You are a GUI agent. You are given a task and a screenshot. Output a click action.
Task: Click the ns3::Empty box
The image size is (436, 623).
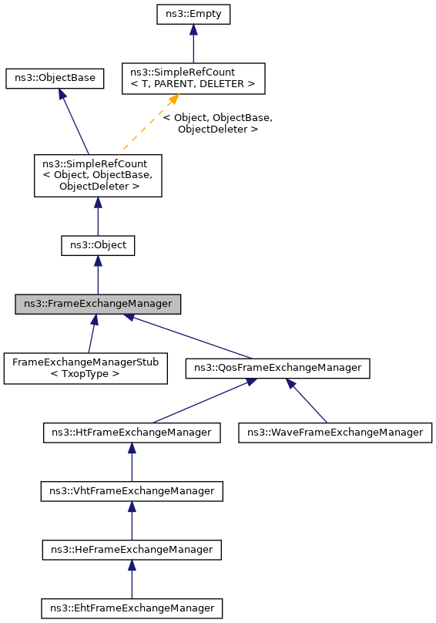tap(193, 14)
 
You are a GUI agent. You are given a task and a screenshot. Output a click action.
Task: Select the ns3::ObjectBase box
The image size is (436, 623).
tap(55, 79)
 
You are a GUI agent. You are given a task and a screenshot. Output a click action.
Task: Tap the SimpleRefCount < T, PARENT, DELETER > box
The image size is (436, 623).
tap(193, 79)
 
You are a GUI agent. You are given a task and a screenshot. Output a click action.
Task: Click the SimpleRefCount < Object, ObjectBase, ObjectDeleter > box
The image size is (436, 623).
tap(98, 175)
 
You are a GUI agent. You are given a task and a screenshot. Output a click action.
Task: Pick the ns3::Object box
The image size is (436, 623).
tap(98, 245)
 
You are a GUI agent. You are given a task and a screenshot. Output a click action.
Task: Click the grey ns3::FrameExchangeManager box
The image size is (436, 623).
tap(98, 304)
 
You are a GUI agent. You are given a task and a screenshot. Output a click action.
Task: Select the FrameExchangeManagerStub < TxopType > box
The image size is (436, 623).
tap(86, 369)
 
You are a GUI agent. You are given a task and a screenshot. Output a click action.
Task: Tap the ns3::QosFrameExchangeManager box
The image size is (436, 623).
tap(278, 369)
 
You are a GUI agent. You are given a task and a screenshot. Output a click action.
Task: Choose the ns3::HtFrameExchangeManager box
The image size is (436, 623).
tap(132, 433)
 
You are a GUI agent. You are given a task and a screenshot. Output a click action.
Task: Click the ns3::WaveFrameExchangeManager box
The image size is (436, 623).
tap(335, 433)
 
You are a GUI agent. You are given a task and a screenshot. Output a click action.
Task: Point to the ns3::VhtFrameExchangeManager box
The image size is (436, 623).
tap(132, 491)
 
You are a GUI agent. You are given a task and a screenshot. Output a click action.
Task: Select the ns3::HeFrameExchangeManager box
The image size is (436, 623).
tap(132, 550)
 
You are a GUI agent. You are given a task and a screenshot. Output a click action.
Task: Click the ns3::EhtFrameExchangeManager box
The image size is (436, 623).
tap(132, 608)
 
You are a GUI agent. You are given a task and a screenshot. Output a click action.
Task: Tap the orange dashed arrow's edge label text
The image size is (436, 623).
tap(218, 123)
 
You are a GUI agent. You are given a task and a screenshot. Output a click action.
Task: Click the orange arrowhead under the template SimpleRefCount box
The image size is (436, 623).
tap(175, 99)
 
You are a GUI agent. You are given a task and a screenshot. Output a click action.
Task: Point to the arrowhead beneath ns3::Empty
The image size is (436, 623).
tap(193, 29)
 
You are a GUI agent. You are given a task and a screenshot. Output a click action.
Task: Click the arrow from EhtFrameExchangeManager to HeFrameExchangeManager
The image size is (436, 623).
tap(132, 582)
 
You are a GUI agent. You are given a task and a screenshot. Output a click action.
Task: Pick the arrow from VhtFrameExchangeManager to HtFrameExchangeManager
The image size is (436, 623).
tap(132, 465)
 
